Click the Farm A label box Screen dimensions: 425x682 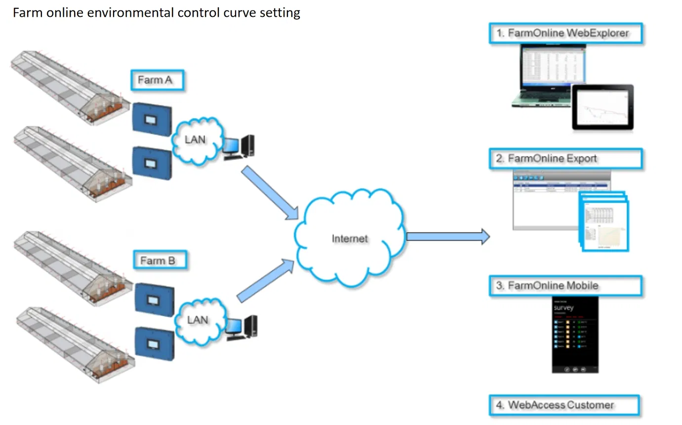coord(157,80)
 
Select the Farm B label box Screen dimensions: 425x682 coord(160,260)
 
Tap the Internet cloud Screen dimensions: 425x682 coord(350,238)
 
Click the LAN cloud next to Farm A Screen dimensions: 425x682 coord(195,140)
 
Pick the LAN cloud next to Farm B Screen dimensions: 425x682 coord(198,320)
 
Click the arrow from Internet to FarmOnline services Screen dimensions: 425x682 coord(447,237)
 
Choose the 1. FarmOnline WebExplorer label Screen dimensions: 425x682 coord(565,34)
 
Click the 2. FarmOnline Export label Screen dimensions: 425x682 coord(565,158)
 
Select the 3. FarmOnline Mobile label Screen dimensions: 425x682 coord(565,286)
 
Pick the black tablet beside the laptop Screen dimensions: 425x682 coord(603,107)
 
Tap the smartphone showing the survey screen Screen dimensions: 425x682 coord(575,335)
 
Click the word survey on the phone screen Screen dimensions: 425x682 coord(564,308)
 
